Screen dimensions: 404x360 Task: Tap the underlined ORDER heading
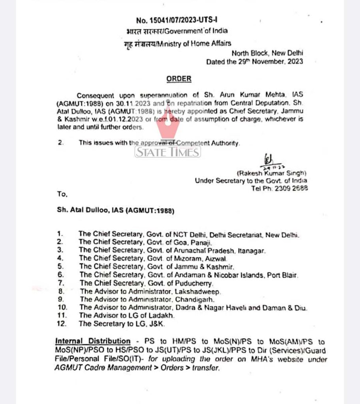click(x=178, y=79)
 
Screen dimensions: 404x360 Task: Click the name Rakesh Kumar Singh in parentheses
click(x=271, y=173)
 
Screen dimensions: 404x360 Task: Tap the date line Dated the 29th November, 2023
click(x=255, y=62)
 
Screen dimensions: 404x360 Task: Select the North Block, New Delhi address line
click(x=267, y=53)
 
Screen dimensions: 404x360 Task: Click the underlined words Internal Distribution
click(x=93, y=341)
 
